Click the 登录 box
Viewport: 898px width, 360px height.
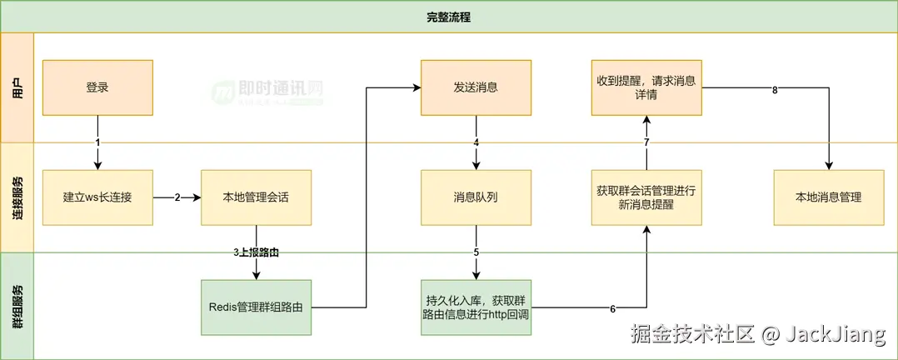click(x=97, y=87)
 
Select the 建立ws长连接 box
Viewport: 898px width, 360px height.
click(x=97, y=197)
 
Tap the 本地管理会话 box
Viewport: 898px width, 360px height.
click(x=256, y=197)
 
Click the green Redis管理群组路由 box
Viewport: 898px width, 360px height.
click(x=256, y=307)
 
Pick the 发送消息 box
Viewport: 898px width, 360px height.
click(x=476, y=87)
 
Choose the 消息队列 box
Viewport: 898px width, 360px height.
click(x=476, y=197)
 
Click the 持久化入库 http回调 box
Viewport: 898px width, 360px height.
click(x=476, y=307)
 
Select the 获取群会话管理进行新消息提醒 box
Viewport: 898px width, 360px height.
click(x=646, y=197)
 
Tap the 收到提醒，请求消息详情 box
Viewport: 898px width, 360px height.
click(x=646, y=87)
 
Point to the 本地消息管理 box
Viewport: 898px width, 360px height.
click(x=828, y=197)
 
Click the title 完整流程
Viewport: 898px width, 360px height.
click(x=449, y=17)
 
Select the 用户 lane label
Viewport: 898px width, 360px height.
click(x=17, y=87)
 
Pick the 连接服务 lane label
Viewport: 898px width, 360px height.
click(x=17, y=197)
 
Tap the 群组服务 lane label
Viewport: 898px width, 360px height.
click(x=17, y=307)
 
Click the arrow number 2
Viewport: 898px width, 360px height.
click(x=177, y=198)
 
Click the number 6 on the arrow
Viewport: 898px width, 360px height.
click(x=612, y=309)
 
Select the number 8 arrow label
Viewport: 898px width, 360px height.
click(x=775, y=90)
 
